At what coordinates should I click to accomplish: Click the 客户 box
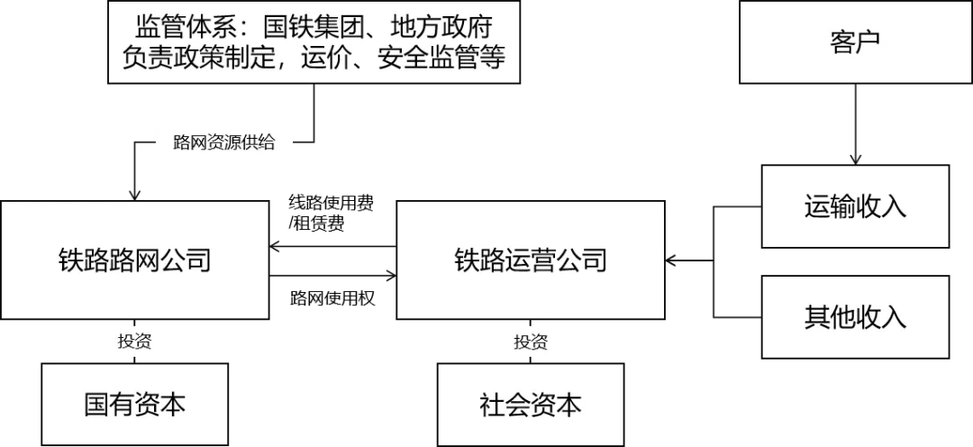click(x=854, y=43)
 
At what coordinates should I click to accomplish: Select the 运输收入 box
click(x=854, y=206)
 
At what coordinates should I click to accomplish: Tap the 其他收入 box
click(x=854, y=316)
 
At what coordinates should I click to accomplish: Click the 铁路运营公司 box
click(x=531, y=260)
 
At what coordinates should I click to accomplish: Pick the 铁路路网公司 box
click(x=134, y=260)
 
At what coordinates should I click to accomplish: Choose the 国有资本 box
click(x=134, y=404)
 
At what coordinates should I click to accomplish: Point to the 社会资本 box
click(x=531, y=404)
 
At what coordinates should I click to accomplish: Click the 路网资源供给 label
click(x=223, y=141)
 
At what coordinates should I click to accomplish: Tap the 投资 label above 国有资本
click(x=134, y=342)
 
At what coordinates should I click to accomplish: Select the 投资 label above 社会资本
click(x=531, y=342)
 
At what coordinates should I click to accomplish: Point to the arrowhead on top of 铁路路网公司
click(x=134, y=193)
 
